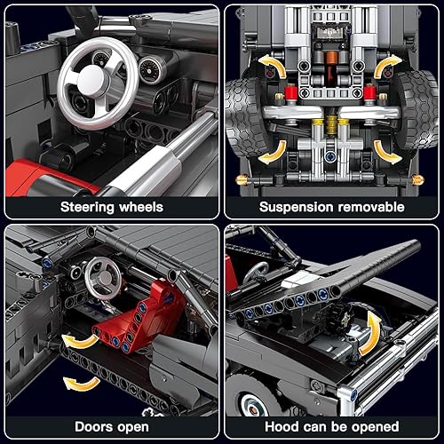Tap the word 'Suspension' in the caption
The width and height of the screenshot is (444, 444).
tap(297, 207)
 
